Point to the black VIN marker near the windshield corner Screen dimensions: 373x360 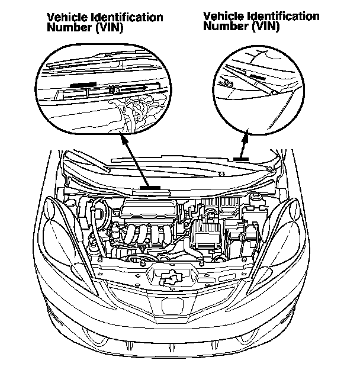point(240,159)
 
